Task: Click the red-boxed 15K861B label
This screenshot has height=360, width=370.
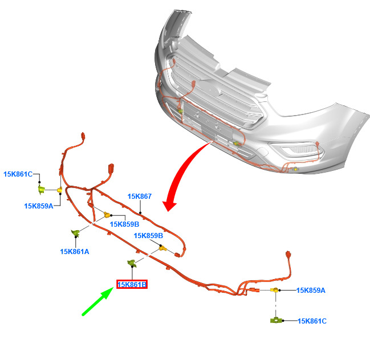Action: tap(132, 285)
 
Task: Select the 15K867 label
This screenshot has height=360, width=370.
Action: tap(140, 196)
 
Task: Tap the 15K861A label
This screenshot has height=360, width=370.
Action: tap(75, 252)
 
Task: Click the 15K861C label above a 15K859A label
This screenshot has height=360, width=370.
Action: tap(18, 174)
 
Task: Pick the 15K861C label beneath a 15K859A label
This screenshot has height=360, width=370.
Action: tap(312, 321)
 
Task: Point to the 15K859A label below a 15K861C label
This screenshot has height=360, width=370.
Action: tap(39, 206)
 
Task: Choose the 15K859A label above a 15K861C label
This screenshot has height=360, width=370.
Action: tap(311, 290)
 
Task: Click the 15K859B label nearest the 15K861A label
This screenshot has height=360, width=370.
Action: tap(125, 224)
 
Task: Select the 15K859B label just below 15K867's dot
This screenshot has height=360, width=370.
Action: tap(148, 235)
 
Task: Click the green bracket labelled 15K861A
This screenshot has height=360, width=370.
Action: tap(75, 233)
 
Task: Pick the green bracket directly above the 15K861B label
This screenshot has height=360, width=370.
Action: tap(132, 263)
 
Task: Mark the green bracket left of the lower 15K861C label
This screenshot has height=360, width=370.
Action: tap(276, 320)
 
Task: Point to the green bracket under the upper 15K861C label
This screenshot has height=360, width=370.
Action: tap(42, 189)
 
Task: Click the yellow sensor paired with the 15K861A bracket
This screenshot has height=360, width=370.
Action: tap(107, 215)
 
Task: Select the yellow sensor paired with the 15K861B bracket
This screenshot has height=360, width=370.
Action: tap(162, 248)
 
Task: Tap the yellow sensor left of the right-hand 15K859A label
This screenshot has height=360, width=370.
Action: tap(275, 290)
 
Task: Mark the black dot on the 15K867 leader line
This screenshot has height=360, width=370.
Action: tap(140, 213)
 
